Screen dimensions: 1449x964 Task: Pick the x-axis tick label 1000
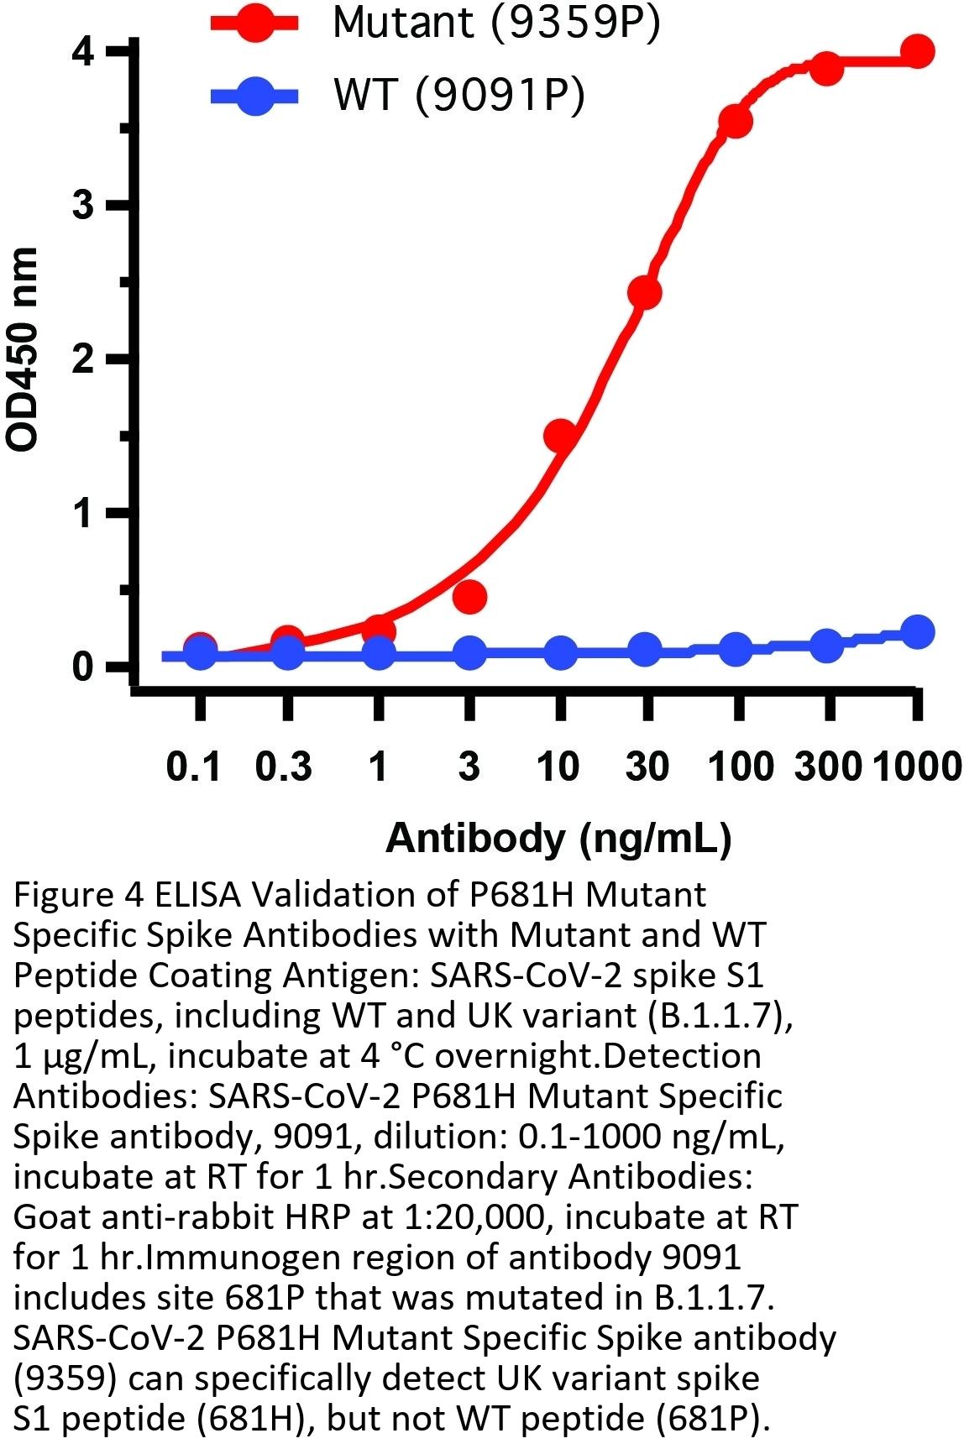pyautogui.click(x=916, y=766)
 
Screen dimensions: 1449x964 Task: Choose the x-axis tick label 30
pyautogui.click(x=647, y=766)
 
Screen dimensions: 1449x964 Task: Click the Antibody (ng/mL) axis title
pyautogui.click(x=558, y=838)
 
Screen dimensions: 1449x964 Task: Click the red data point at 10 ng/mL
pyautogui.click(x=560, y=436)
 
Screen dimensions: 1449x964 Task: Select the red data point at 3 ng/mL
pyautogui.click(x=470, y=597)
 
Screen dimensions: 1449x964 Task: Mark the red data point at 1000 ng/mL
pyautogui.click(x=918, y=52)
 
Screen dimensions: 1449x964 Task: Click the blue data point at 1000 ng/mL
pyautogui.click(x=918, y=632)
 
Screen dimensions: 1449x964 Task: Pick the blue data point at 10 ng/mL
pyautogui.click(x=560, y=652)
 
